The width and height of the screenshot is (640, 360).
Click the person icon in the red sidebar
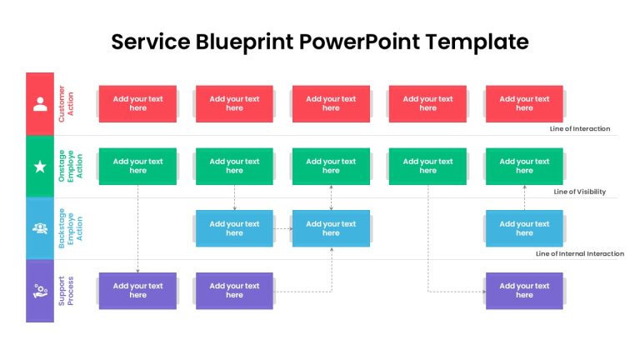(40, 104)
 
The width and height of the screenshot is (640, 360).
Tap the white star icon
(40, 167)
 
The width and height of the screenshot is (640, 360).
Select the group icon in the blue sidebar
(40, 228)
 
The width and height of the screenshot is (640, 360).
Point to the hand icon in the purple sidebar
(40, 291)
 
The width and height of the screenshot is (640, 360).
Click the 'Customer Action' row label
(66, 103)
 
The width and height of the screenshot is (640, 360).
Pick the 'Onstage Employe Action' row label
(70, 166)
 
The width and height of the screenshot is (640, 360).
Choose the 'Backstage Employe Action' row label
(70, 228)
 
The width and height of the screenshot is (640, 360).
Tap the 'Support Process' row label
(66, 291)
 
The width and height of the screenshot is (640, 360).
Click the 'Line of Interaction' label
(580, 128)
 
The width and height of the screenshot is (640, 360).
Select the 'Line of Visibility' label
(580, 192)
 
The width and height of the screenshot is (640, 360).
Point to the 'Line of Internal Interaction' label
(580, 253)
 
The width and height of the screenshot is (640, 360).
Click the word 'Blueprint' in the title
(244, 42)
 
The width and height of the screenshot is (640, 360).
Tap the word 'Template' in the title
(477, 42)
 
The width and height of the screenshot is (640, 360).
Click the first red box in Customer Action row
(138, 103)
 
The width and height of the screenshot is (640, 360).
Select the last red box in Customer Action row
(524, 103)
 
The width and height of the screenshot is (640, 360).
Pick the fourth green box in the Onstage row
(427, 166)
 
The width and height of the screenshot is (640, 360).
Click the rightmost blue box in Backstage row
(524, 228)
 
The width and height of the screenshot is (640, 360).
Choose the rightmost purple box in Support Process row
(524, 291)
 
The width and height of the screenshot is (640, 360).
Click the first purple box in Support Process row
(138, 291)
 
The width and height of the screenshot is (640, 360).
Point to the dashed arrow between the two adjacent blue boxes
(282, 228)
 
